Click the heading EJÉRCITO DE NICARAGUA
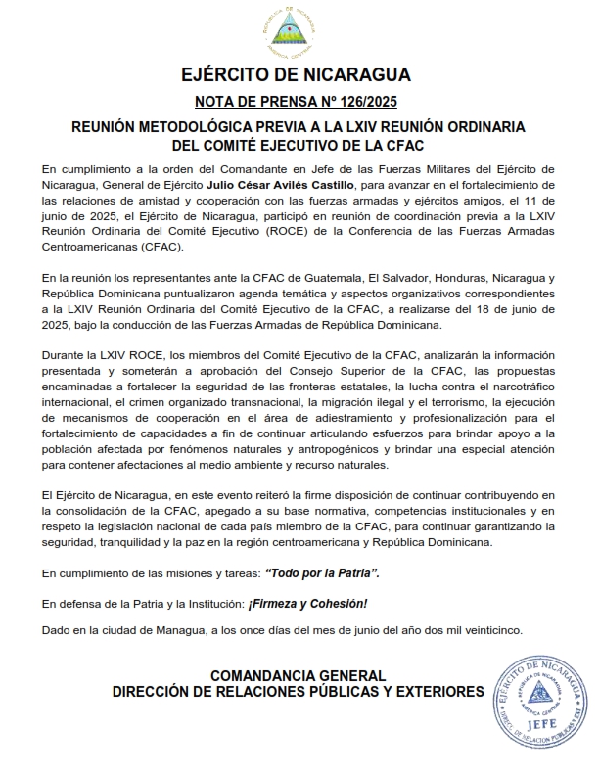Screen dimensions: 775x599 (x=297, y=76)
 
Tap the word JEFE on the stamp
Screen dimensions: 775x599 (x=540, y=725)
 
